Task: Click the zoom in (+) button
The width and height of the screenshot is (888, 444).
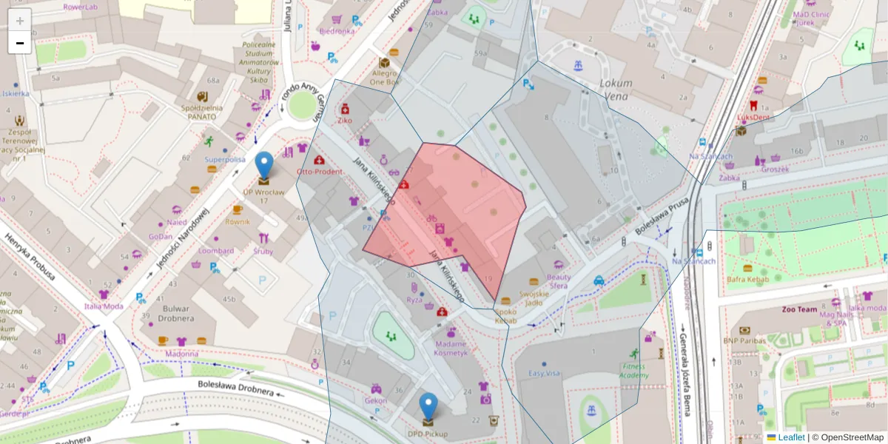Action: point(20,20)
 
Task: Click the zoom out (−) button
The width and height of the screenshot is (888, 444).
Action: point(20,43)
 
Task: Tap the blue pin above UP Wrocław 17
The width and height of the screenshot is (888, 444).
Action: point(263,165)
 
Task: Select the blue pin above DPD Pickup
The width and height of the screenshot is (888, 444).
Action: point(428,406)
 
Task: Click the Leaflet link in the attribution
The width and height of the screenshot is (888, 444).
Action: point(790,437)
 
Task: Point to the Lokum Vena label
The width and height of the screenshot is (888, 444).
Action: point(615,90)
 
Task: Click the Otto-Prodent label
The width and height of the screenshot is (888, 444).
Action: point(319,172)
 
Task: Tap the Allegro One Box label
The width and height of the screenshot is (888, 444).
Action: point(384,78)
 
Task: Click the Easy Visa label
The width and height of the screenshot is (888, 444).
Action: point(544,374)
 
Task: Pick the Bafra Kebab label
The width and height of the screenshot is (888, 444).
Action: point(747,279)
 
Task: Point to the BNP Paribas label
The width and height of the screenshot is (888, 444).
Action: point(744,340)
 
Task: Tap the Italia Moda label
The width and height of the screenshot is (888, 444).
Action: point(104,306)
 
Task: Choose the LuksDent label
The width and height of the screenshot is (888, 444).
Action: point(753,117)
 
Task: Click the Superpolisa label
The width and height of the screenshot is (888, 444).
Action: point(225,159)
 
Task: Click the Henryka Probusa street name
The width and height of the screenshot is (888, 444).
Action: point(30,256)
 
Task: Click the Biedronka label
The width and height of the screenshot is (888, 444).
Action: point(337,31)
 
